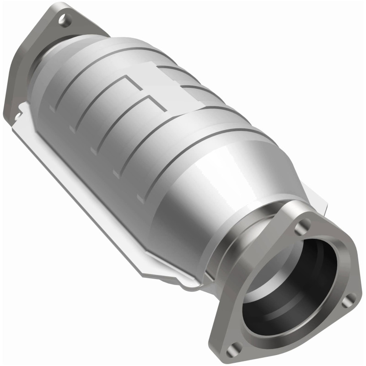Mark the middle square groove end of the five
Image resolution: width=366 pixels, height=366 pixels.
94,151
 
